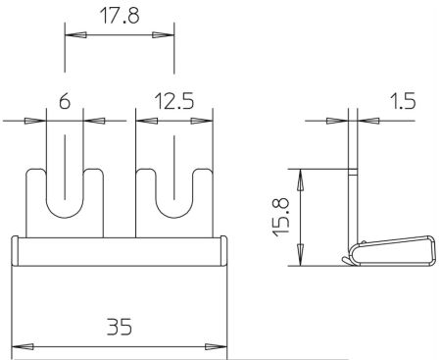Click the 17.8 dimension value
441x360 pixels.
120,16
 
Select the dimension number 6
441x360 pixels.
65,101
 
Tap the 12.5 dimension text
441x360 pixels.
174,101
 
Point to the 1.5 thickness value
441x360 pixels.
403,101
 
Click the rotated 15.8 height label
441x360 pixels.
281,217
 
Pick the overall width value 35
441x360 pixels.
120,327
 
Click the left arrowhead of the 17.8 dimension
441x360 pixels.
75,34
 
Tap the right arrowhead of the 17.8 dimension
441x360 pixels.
164,34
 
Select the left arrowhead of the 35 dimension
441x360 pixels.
23,347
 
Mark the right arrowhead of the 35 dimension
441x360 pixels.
216,347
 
